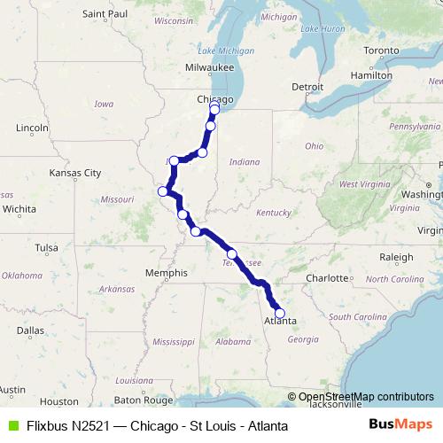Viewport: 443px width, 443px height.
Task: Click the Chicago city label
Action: click(214, 99)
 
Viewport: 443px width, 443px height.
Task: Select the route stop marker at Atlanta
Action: click(280, 313)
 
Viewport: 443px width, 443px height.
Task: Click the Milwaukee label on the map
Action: click(209, 67)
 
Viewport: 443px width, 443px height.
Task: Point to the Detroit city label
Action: click(308, 87)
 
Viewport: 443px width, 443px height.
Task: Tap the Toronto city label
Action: click(382, 51)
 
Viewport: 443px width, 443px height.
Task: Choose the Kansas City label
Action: click(75, 173)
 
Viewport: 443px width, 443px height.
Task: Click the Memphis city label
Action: click(167, 274)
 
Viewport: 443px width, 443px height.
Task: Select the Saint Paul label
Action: click(105, 14)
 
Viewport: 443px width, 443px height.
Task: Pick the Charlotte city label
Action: click(327, 278)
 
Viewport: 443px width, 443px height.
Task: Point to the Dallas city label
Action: click(29, 330)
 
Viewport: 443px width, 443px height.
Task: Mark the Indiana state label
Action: click(245, 162)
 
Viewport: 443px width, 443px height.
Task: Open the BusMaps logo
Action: click(400, 425)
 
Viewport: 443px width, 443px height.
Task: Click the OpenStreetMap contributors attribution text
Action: click(366, 397)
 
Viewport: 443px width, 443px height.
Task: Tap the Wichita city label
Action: click(19, 209)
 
